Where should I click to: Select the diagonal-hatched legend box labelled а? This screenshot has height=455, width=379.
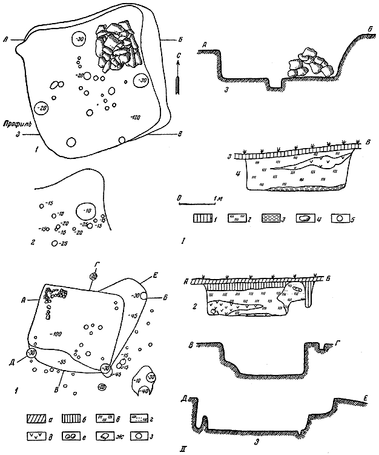point(35,418)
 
